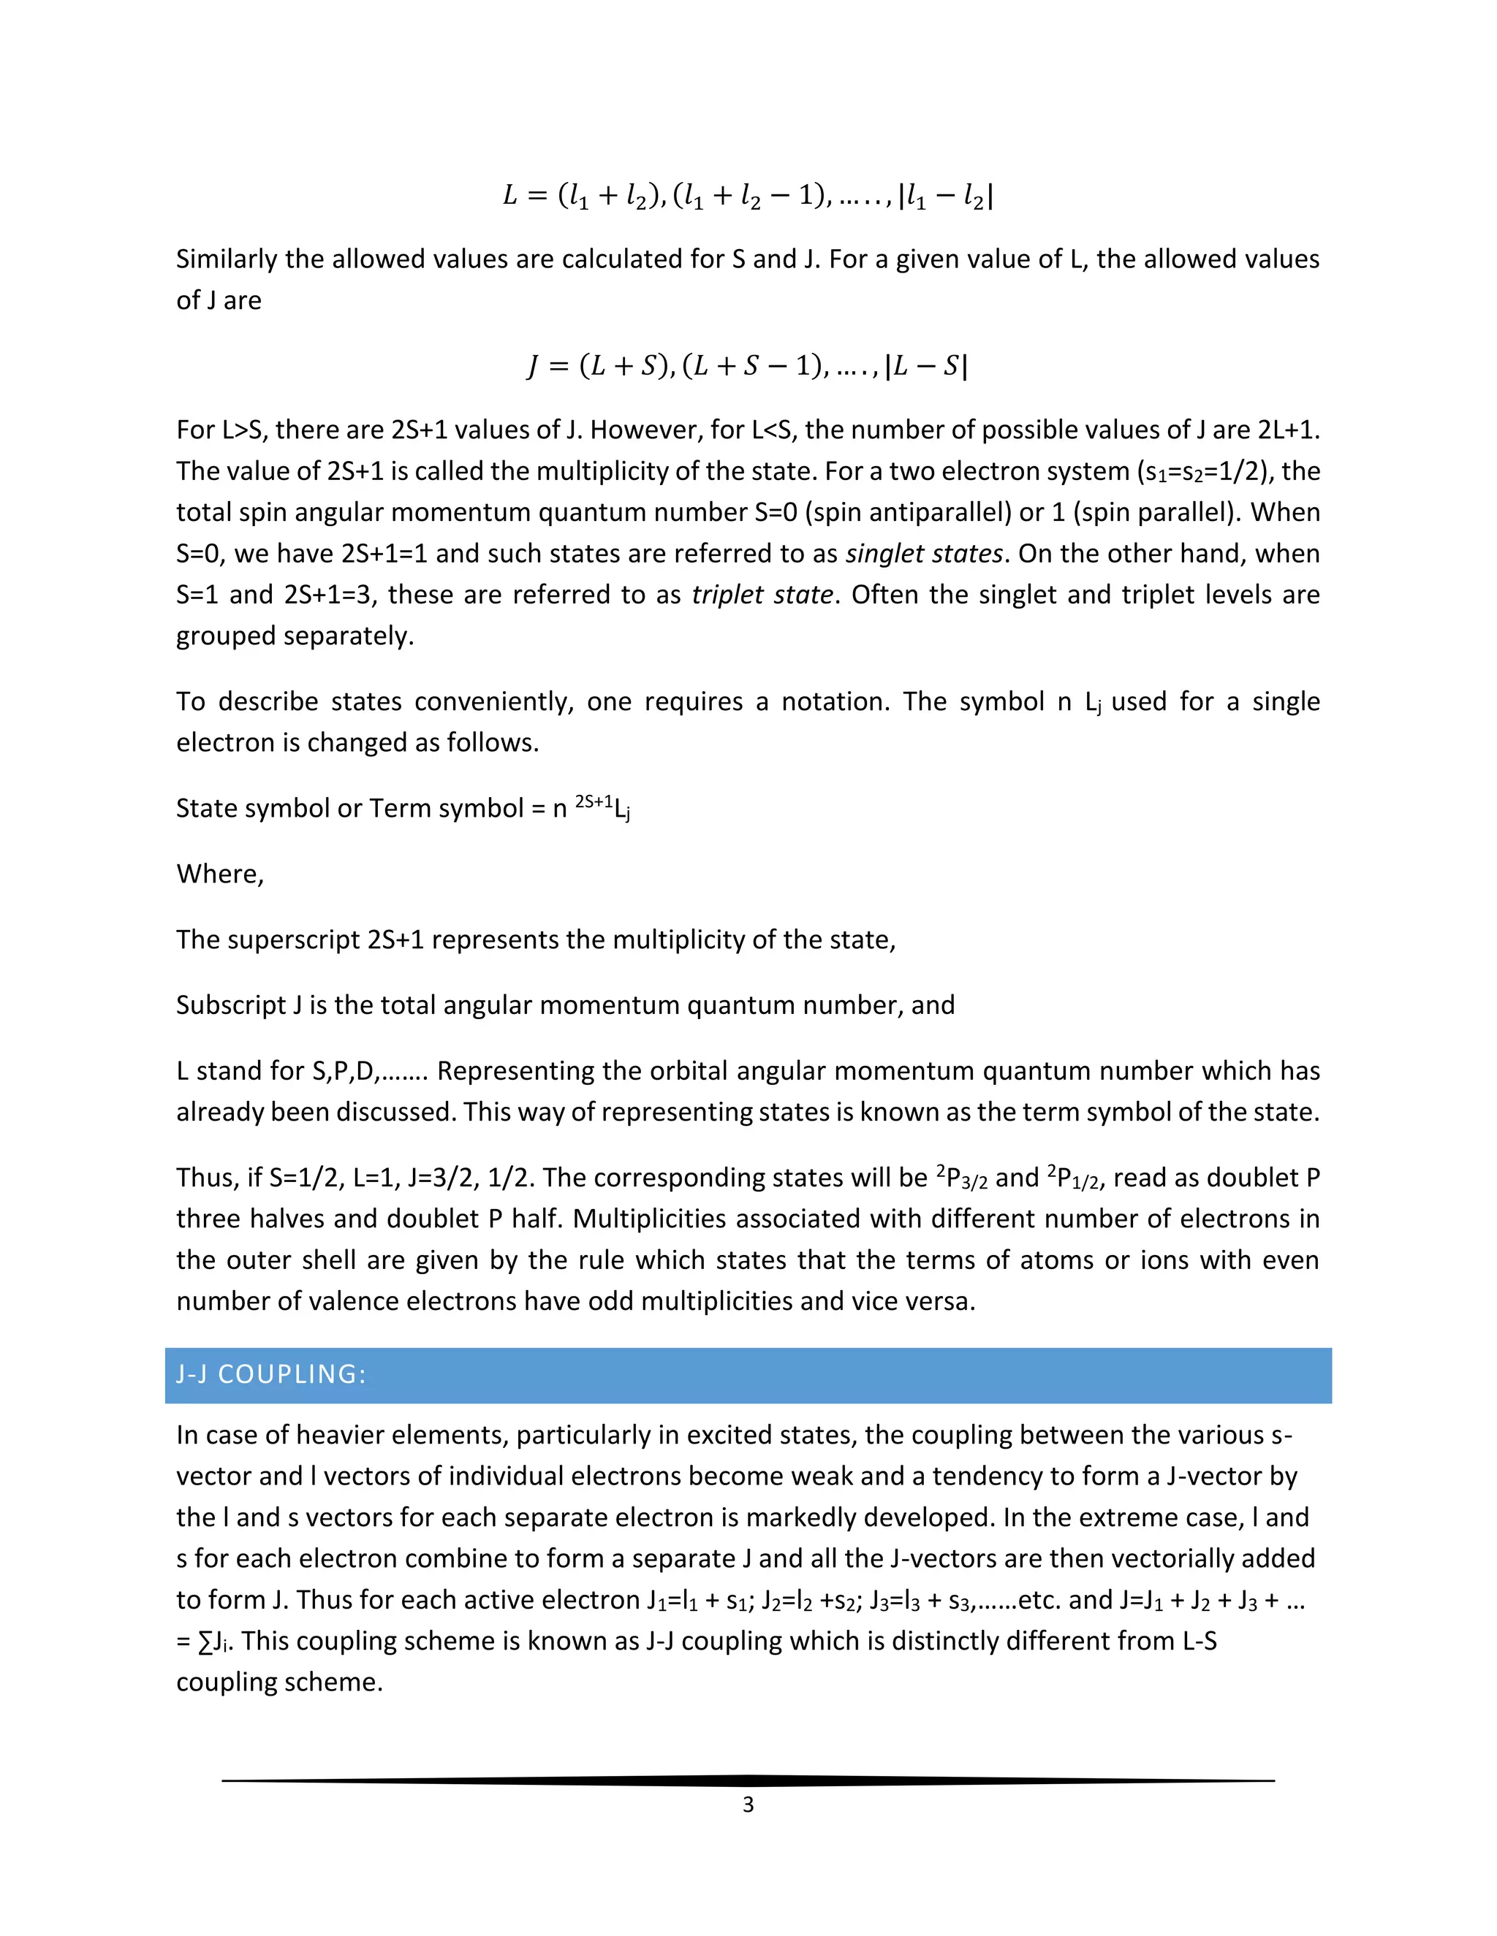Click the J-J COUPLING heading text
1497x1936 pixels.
point(270,1374)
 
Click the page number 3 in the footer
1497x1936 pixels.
point(748,1804)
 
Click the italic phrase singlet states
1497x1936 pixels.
point(924,554)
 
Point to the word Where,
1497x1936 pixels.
point(220,874)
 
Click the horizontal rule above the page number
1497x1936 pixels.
point(748,1780)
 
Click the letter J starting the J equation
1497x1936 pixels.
point(532,366)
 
